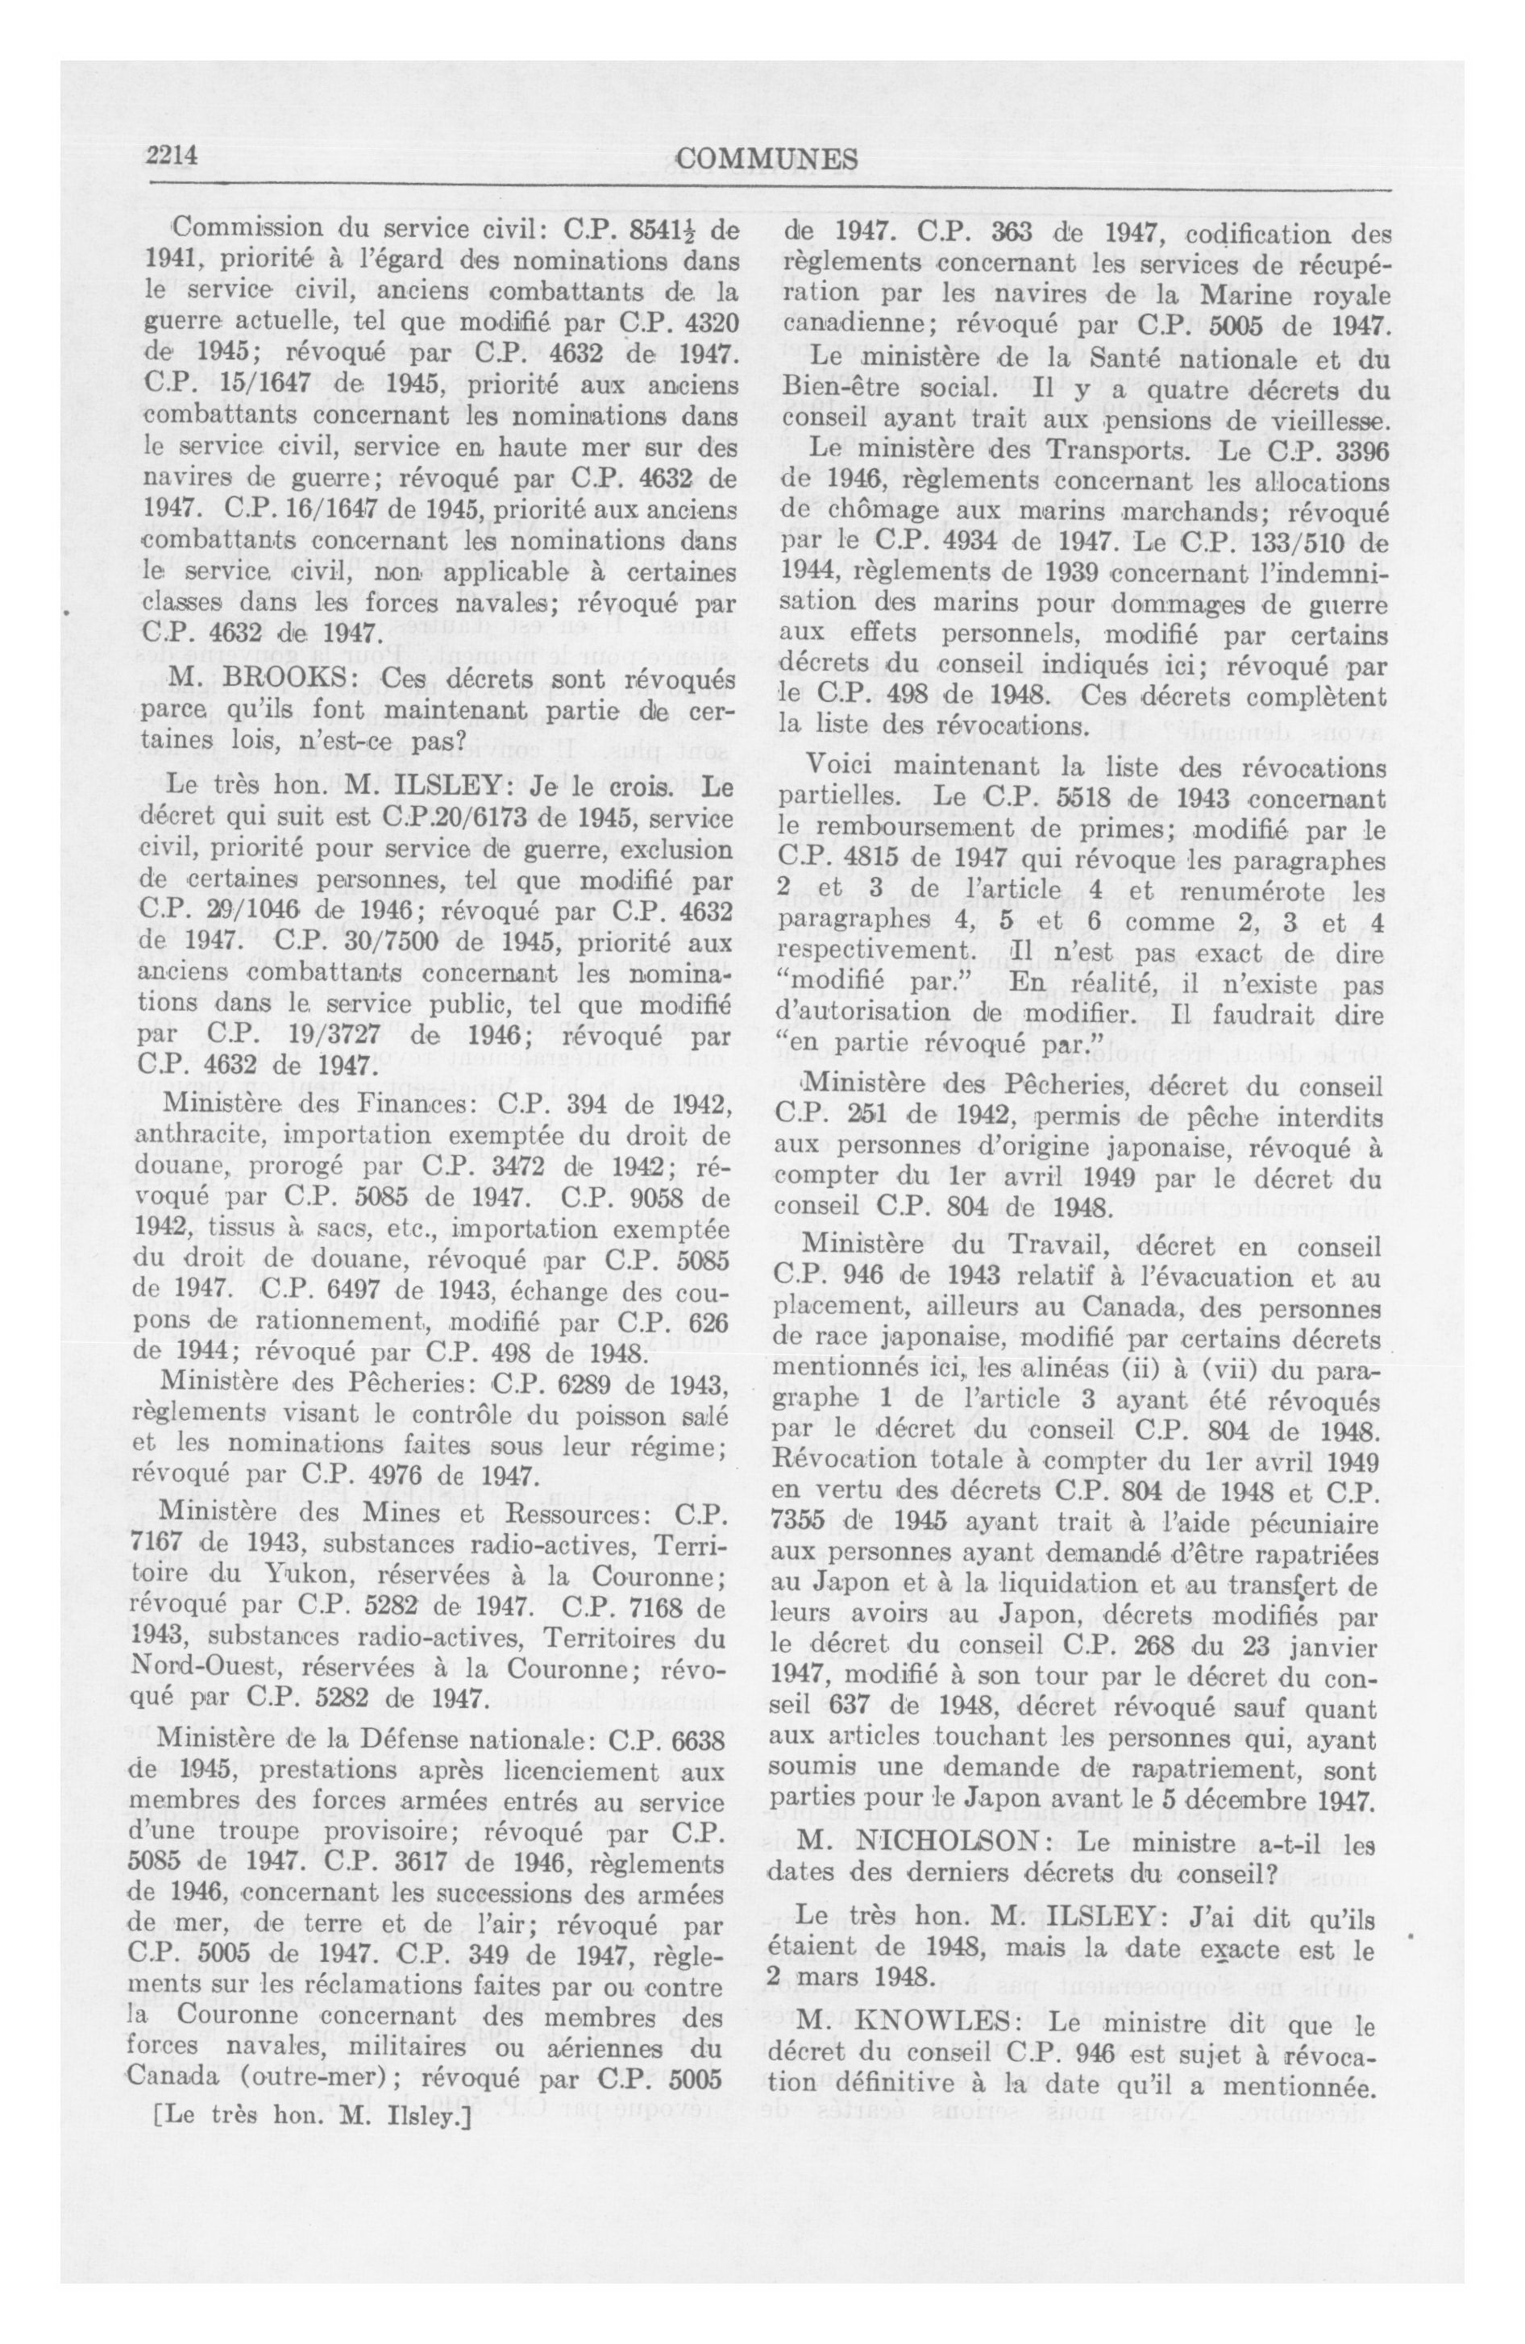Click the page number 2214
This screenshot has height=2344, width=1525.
pos(173,156)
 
